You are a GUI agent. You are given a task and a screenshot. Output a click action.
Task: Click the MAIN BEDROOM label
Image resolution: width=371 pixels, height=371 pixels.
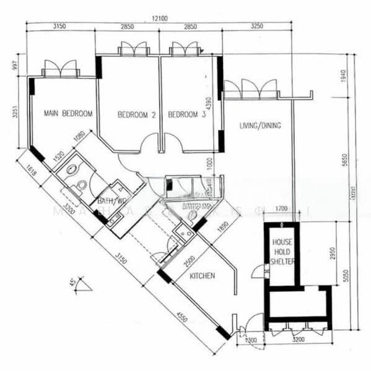point(68,114)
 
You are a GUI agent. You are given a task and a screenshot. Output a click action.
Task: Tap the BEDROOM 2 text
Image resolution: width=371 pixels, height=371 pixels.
point(136,114)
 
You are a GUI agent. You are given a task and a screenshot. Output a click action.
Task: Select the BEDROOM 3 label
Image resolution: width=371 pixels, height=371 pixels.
point(186,114)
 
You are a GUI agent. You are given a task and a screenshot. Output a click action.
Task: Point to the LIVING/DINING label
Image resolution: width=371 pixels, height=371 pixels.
point(260,126)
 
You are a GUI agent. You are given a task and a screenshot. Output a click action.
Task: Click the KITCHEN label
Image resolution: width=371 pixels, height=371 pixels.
point(203,276)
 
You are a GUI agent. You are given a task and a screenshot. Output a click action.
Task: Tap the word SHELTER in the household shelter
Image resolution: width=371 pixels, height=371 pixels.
point(282,262)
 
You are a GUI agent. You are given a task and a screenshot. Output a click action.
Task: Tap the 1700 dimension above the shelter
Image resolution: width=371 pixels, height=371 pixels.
point(281,210)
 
